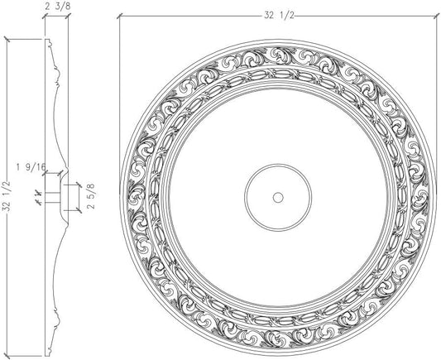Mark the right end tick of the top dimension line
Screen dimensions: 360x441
[436, 16]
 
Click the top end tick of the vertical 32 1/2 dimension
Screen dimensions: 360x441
[7, 39]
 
